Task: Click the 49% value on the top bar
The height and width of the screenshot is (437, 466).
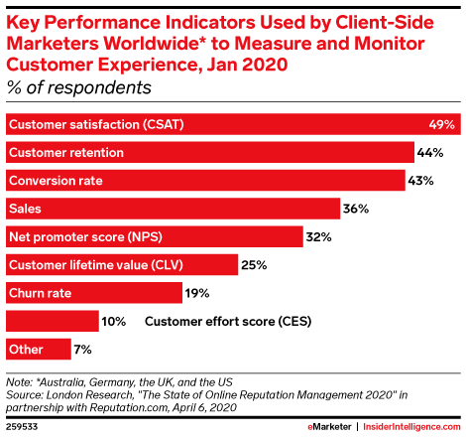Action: point(441,124)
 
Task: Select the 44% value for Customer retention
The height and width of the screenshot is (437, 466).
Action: point(430,153)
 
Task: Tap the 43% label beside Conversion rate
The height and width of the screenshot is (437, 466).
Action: point(420,181)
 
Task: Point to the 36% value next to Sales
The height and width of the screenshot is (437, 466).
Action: point(356,209)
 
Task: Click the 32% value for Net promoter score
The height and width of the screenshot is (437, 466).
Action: point(318,237)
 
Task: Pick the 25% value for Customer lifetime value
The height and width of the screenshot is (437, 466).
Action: point(254,265)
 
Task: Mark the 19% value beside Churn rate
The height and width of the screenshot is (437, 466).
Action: point(197,293)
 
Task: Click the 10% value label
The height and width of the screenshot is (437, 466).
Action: point(114,322)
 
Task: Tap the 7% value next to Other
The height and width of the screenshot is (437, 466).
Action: point(82,350)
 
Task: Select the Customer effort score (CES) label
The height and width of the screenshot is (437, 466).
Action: point(228,322)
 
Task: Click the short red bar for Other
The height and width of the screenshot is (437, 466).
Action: point(39,349)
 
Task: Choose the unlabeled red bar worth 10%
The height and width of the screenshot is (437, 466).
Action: point(53,321)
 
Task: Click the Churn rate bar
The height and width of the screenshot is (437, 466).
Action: point(94,293)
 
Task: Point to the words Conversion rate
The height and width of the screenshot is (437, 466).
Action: point(56,181)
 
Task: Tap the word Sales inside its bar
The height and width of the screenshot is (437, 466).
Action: point(25,209)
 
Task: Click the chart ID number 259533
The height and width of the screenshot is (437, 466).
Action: point(22,426)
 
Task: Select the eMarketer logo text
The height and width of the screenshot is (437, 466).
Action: point(329,427)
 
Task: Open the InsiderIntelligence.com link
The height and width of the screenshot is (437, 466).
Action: point(411,427)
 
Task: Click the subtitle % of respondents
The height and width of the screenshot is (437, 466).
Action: point(78,87)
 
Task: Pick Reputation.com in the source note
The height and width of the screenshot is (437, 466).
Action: point(129,407)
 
